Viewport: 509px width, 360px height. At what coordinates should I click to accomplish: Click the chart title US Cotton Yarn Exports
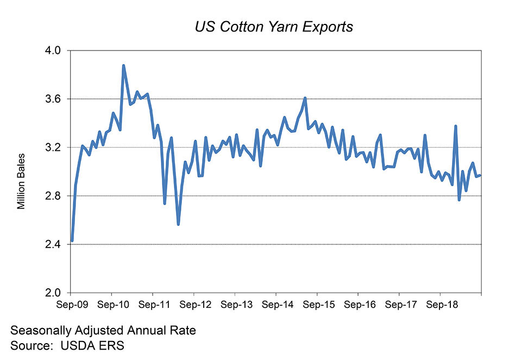(x=274, y=27)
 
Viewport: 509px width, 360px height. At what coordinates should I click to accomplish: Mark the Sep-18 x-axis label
(x=440, y=305)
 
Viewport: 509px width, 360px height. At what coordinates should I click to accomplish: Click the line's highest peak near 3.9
(x=123, y=66)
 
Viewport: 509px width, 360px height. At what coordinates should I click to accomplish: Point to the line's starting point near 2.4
(x=72, y=241)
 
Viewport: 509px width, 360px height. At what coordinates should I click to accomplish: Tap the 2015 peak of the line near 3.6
(x=305, y=98)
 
